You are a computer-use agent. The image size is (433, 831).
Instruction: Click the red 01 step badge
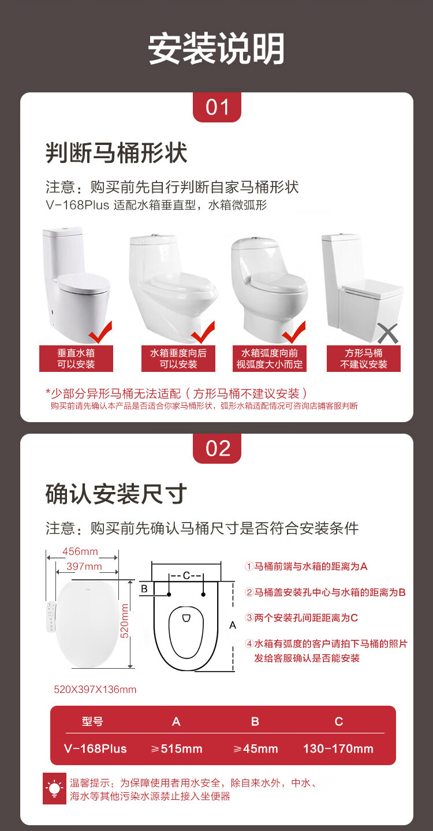(217, 107)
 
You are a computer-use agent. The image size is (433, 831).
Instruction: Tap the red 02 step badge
(217, 449)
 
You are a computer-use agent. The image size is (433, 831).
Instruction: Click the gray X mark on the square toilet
(388, 333)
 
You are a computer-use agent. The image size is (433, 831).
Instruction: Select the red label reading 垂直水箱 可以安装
(76, 359)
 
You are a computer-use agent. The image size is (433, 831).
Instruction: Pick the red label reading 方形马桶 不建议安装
(364, 359)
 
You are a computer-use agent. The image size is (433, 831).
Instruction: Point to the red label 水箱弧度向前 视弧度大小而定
(270, 359)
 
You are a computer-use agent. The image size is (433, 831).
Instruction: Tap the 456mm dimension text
(80, 551)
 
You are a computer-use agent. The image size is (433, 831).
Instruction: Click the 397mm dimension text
(84, 567)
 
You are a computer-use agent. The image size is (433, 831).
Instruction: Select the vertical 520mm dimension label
(125, 621)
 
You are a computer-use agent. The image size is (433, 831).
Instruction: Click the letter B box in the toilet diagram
(145, 589)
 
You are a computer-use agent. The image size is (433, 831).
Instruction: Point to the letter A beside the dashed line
(233, 625)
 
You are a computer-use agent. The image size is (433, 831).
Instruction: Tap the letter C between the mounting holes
(186, 575)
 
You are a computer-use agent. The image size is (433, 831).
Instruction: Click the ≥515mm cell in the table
(177, 748)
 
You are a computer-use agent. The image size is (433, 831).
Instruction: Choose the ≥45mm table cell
(256, 748)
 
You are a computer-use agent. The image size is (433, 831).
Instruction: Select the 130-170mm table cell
(338, 748)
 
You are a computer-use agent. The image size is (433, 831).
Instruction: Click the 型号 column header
(92, 721)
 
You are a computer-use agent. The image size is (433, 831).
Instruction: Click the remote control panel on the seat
(51, 617)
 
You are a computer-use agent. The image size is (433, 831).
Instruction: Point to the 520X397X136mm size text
(95, 690)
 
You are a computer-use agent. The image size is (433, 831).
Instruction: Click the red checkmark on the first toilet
(100, 332)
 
